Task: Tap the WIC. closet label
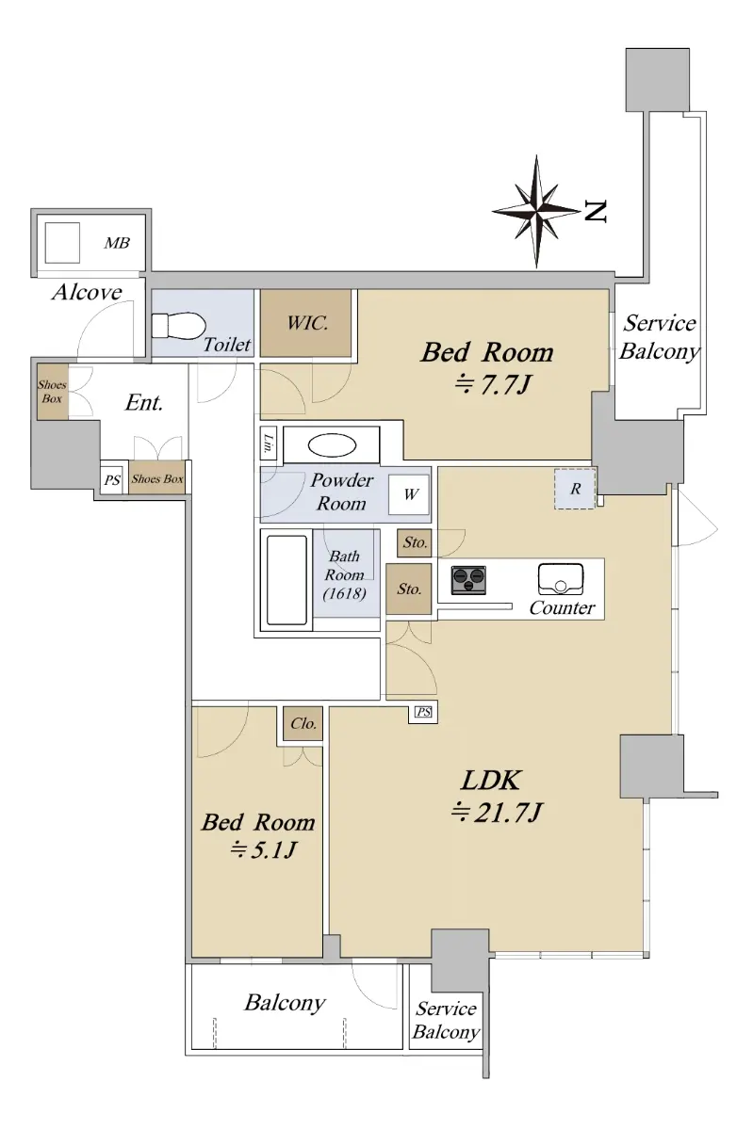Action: pos(307,323)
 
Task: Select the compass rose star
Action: pos(536,210)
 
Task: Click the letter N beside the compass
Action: pos(595,211)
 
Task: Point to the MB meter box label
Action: pos(117,243)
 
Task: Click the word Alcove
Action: pos(87,292)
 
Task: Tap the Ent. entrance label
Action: pos(144,403)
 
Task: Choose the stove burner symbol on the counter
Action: pos(468,580)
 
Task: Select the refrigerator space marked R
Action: pos(575,489)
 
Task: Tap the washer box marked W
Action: pos(409,494)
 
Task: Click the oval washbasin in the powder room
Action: pos(332,444)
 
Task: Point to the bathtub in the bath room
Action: pos(286,580)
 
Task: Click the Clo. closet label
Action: pos(303,723)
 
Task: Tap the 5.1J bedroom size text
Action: pos(263,850)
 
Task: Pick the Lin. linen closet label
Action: pos(269,443)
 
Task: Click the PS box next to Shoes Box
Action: pos(112,479)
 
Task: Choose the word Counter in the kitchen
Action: pos(562,608)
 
